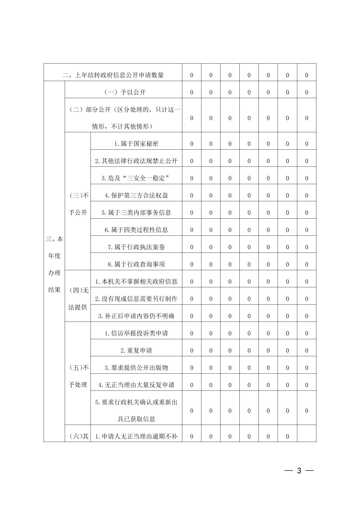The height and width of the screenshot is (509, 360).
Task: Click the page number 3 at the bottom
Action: tap(299, 470)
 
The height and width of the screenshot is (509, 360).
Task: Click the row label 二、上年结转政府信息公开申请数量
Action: tap(113, 75)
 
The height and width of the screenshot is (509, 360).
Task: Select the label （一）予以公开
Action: tap(123, 92)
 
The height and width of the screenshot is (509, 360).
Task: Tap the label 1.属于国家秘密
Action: tap(136, 144)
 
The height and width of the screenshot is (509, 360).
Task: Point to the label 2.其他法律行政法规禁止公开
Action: tap(136, 161)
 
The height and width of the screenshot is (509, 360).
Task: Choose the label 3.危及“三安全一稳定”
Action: tap(136, 178)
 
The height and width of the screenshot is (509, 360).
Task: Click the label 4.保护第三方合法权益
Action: tap(136, 195)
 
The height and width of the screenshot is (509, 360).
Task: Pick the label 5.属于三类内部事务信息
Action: tap(136, 213)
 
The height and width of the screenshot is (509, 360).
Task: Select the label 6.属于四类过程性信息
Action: tap(136, 230)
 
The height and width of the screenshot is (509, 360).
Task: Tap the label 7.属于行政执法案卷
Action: tap(136, 247)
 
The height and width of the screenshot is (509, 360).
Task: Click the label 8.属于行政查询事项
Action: tap(136, 264)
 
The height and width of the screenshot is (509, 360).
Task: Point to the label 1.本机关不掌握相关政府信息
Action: tap(136, 282)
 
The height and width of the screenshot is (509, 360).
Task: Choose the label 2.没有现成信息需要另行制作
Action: tap(136, 299)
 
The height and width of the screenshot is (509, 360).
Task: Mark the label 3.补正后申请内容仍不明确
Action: tap(136, 316)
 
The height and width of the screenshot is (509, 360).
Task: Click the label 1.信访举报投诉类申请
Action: tap(136, 333)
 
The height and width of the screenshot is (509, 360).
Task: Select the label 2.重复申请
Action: tap(136, 351)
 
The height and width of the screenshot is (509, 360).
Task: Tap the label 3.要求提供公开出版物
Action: tap(136, 368)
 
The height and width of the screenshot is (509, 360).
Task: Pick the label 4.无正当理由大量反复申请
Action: tap(136, 385)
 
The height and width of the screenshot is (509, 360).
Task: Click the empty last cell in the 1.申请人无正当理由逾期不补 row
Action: tap(306, 436)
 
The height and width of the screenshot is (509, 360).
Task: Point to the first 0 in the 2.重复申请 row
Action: tap(192, 351)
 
